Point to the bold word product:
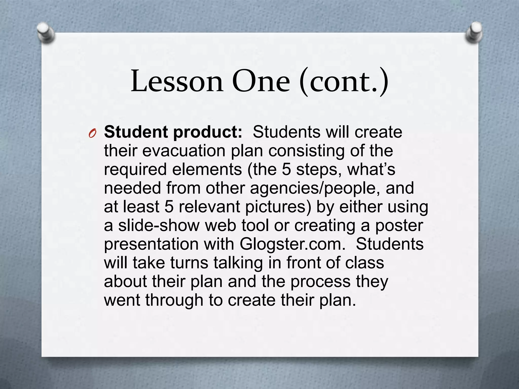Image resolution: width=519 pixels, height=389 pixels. [x=208, y=133]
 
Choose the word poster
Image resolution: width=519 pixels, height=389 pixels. [x=399, y=225]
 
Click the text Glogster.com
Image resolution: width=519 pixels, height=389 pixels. [x=292, y=244]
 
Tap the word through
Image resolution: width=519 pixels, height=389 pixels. [x=174, y=300]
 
